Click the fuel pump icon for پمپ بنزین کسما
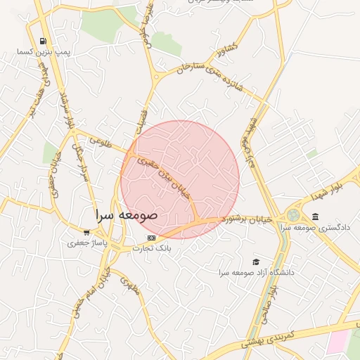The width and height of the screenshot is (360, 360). [x=44, y=41]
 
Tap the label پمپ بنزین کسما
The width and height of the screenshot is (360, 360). [x=44, y=53]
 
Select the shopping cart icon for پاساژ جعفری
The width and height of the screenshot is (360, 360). [x=86, y=233]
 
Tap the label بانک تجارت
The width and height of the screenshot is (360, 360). [x=161, y=248]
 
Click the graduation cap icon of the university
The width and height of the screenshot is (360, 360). [x=255, y=262]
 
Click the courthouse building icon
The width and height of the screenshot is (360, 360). [x=315, y=216]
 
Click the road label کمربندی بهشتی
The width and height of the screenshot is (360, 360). [x=274, y=337]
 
